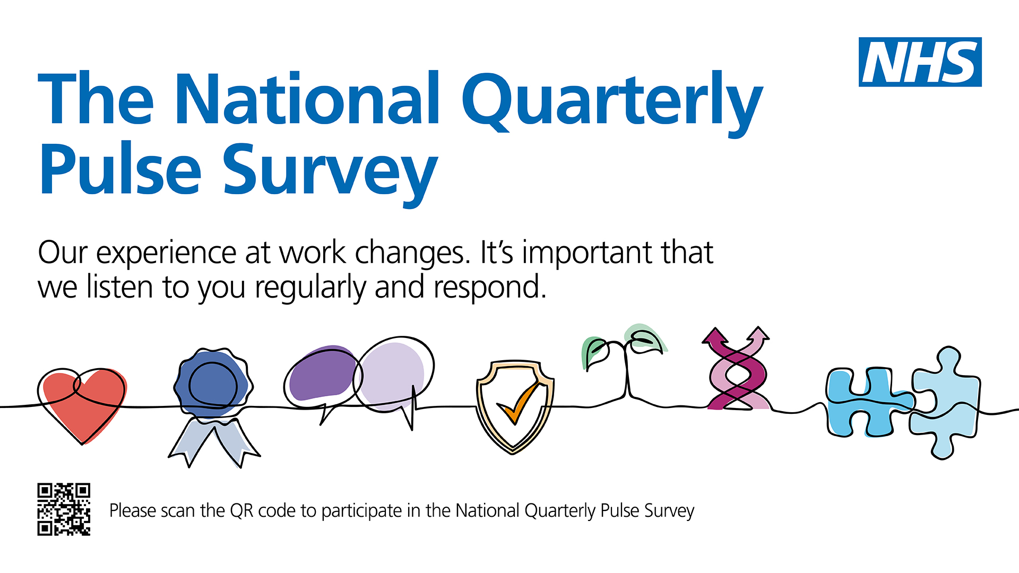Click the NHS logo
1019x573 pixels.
[x=920, y=62]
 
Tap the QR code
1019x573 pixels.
[x=64, y=509]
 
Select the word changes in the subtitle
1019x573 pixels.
[x=412, y=254]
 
